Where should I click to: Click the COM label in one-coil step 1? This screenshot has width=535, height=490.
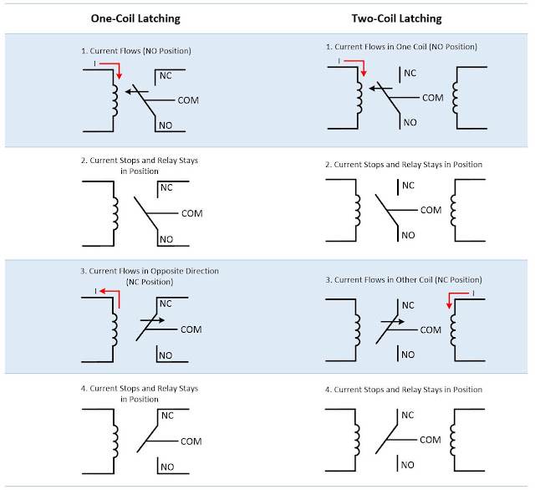click(x=189, y=100)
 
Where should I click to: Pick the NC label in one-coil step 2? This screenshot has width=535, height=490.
click(x=166, y=187)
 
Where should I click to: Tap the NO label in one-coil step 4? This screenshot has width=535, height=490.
click(x=167, y=467)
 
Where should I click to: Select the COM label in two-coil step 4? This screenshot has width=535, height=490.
click(x=431, y=439)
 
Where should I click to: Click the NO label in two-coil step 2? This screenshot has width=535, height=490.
click(x=408, y=235)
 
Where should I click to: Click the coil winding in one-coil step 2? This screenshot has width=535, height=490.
click(x=115, y=212)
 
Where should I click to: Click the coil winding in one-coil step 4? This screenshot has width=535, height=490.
click(x=115, y=439)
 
